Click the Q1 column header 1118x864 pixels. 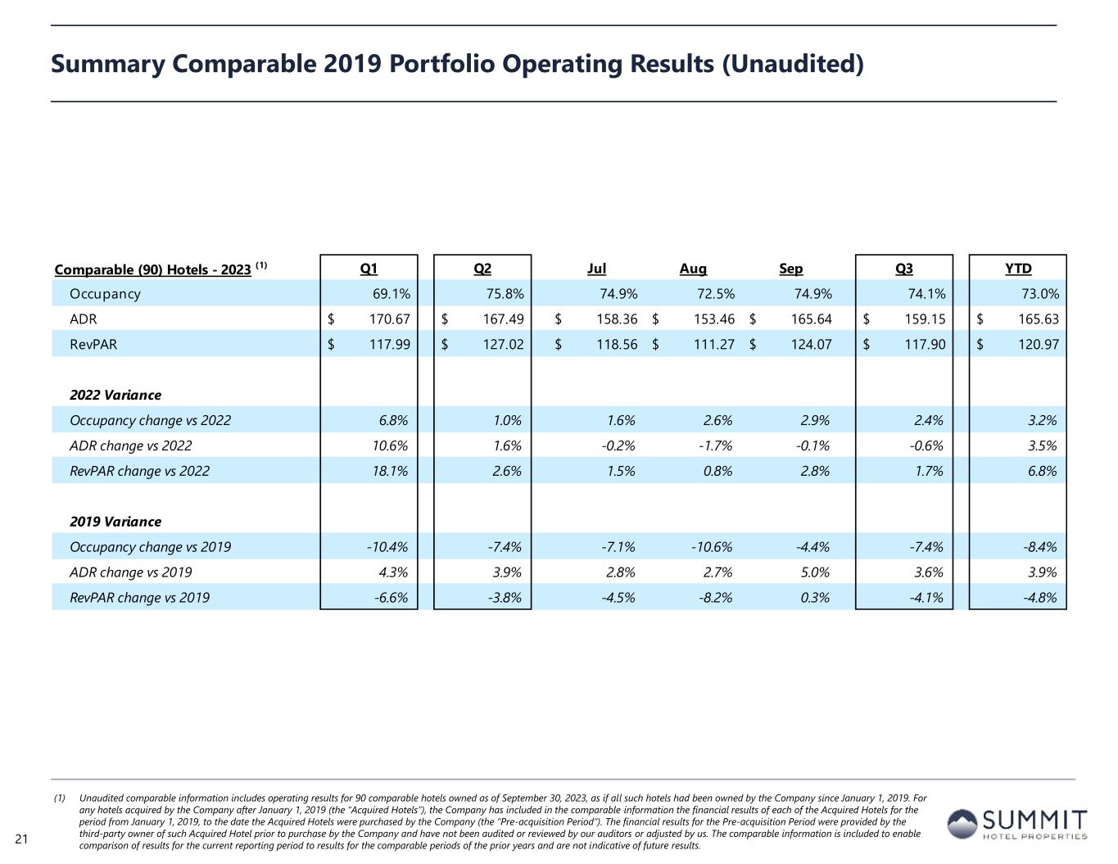tap(369, 269)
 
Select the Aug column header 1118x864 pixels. tap(693, 269)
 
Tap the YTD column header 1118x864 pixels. tap(1018, 269)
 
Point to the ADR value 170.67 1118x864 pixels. tap(389, 319)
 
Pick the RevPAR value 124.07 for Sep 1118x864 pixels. tap(811, 345)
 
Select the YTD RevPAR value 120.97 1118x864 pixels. tap(1039, 345)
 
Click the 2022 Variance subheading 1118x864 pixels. tap(115, 395)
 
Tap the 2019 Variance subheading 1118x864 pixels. tap(115, 522)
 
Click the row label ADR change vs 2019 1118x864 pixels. tap(131, 572)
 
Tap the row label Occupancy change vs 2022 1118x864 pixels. tap(150, 420)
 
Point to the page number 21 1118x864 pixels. tap(21, 838)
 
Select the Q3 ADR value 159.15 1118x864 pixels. tap(925, 319)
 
